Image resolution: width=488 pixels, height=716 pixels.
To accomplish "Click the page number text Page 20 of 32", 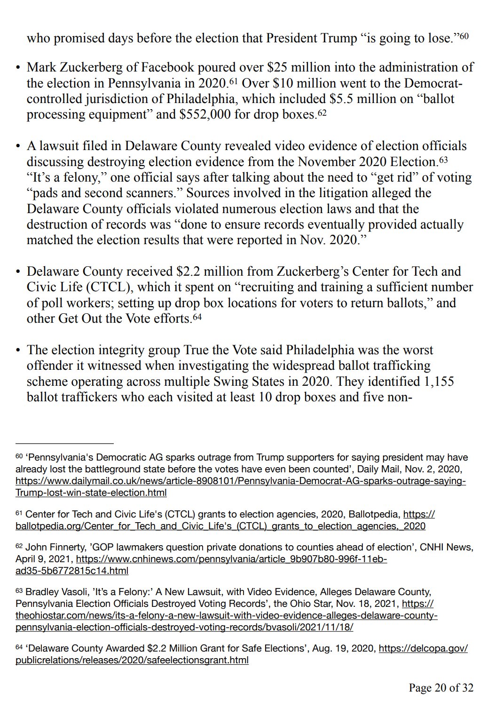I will tap(441, 688).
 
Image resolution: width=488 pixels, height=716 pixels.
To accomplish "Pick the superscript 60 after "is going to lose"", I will tap(464, 36).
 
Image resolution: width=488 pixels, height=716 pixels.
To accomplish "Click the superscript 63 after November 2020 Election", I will tap(443, 160).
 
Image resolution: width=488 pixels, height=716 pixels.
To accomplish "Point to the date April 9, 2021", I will tap(44, 559).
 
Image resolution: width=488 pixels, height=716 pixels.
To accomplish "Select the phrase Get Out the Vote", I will tap(97, 318).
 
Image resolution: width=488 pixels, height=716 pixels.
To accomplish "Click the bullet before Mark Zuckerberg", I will tap(18, 68).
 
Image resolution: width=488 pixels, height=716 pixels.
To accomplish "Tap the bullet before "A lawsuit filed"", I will tap(18, 146).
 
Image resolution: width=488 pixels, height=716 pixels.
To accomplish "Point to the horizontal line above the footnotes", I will tap(64, 443).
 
